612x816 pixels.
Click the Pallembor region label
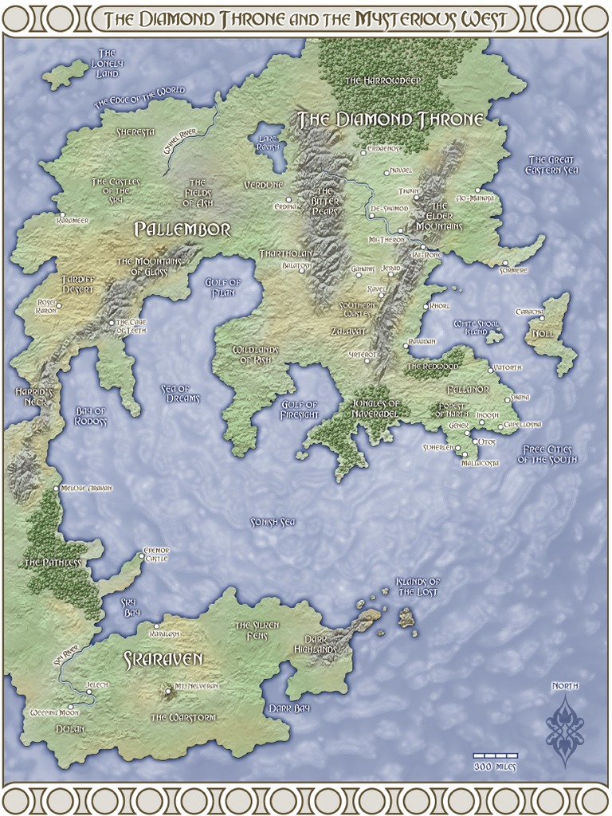[x=182, y=230]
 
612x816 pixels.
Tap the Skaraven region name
[x=163, y=659]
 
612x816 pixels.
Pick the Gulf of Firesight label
[x=300, y=410]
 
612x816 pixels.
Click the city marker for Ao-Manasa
[x=477, y=190]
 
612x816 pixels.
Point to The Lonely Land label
[x=107, y=63]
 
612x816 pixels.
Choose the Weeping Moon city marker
[x=71, y=706]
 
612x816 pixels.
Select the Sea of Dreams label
[x=180, y=393]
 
